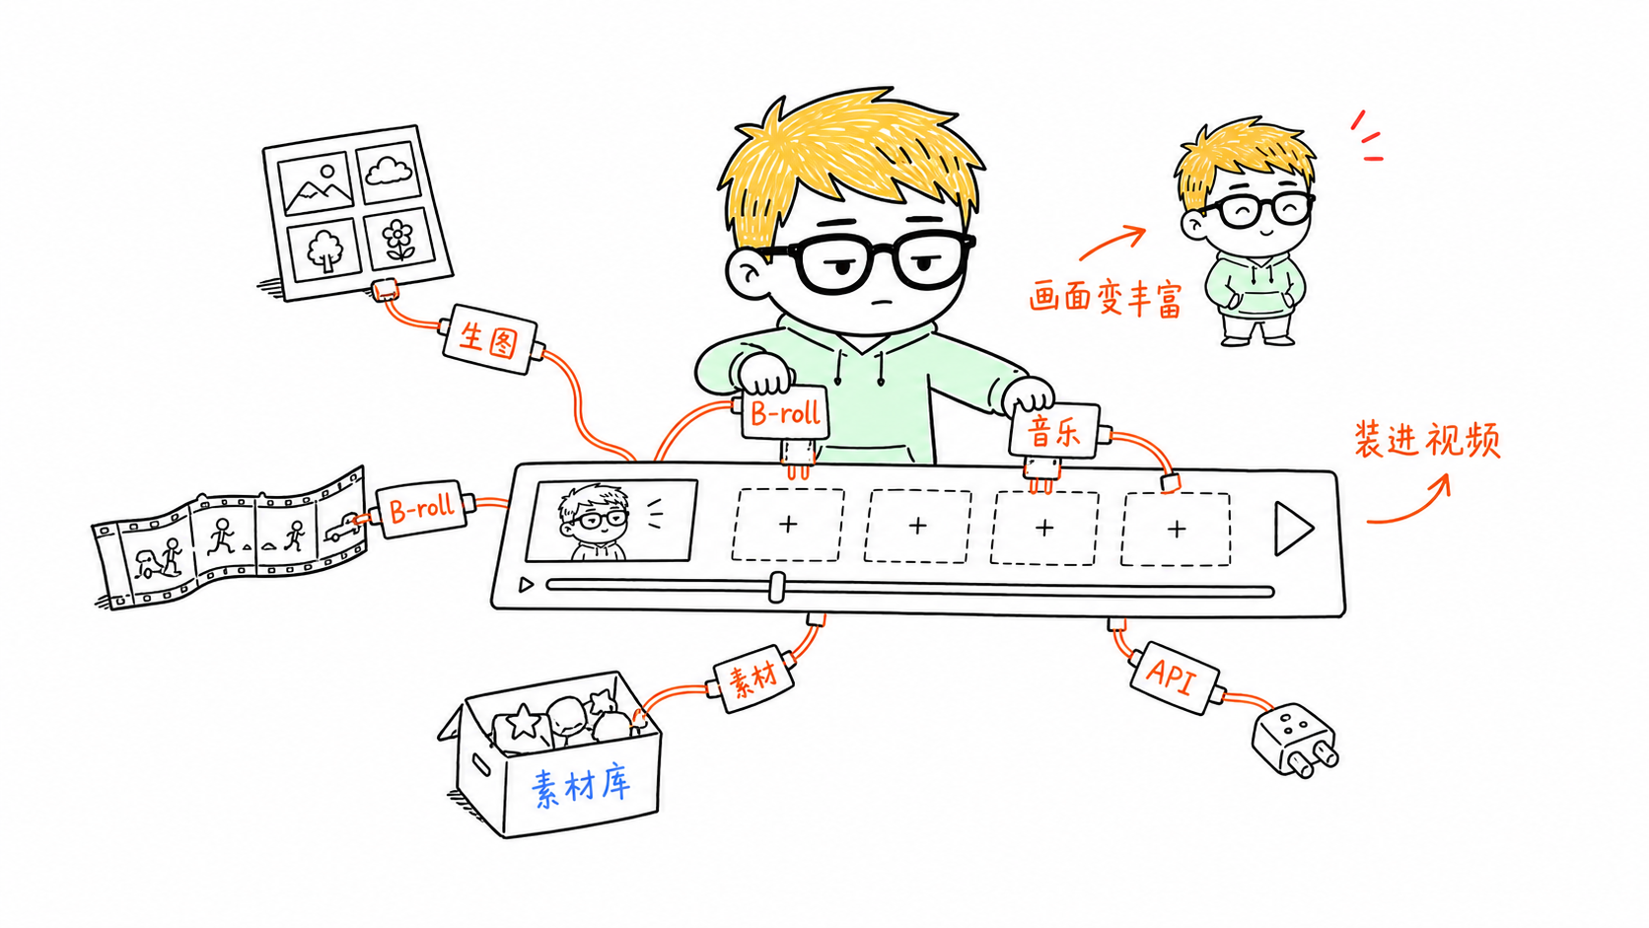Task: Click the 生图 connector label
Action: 489,339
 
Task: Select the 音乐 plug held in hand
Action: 1055,431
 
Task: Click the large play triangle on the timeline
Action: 1293,528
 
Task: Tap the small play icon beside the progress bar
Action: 526,585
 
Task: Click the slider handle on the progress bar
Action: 776,587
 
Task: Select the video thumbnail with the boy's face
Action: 611,521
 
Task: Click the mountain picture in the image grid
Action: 317,184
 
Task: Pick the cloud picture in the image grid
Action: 389,173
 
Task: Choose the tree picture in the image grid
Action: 323,250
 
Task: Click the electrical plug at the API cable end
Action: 1294,741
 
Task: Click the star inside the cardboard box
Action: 524,722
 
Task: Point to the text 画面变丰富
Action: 1105,297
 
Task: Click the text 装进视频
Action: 1427,440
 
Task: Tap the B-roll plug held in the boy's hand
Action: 785,413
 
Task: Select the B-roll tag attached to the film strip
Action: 421,509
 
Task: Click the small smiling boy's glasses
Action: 1259,210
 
